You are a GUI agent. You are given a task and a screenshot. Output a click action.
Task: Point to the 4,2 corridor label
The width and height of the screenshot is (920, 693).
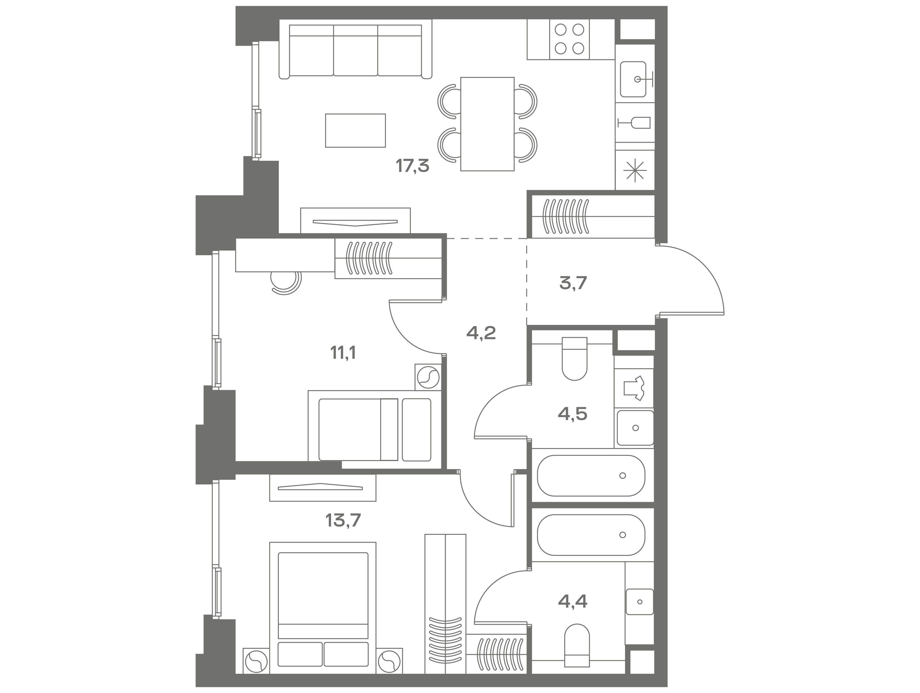click(481, 333)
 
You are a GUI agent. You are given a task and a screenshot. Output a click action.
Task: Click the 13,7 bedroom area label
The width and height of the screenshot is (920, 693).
click(343, 520)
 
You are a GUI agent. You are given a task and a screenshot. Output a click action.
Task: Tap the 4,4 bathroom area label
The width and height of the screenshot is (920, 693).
click(573, 601)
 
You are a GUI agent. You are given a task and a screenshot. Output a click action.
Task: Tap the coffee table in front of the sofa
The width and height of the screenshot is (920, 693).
click(355, 131)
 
